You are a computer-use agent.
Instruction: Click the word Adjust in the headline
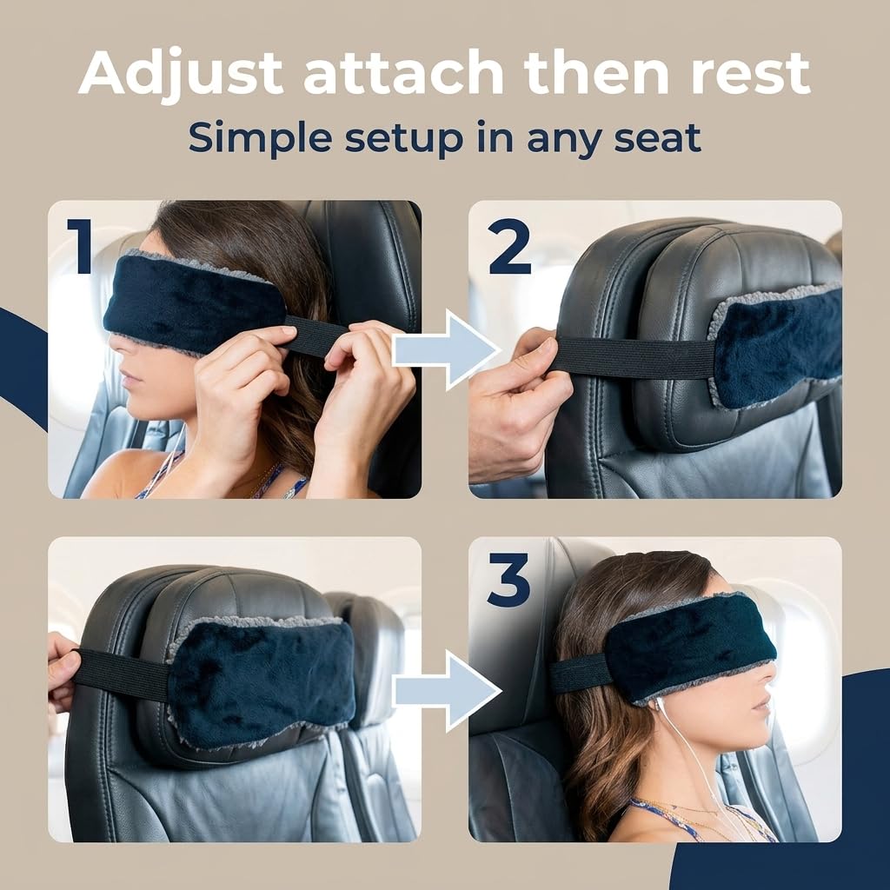(181, 74)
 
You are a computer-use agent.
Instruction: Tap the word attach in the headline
(403, 73)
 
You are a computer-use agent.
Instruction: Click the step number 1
(80, 246)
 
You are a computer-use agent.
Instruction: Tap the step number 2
(509, 246)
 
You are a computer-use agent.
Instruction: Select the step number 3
(508, 580)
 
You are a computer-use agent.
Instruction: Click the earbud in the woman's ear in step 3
(660, 706)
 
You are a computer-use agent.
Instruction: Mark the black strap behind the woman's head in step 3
(579, 674)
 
